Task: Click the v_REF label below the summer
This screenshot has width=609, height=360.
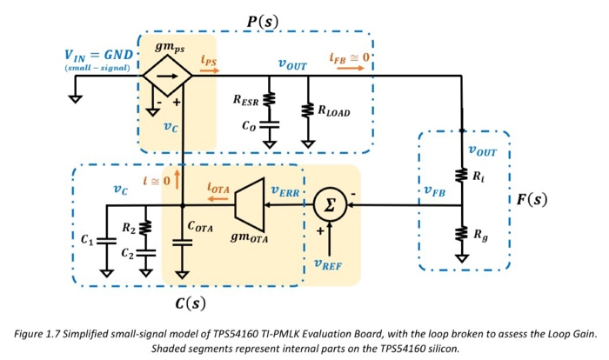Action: point(331,266)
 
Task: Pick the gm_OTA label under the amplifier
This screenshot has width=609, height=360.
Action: point(251,238)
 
